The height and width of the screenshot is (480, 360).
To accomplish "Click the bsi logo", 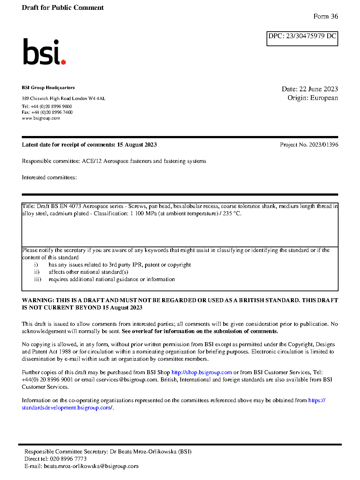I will [44, 52].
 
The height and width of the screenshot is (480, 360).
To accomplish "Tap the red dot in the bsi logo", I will [63, 62].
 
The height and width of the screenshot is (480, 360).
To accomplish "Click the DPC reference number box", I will [302, 38].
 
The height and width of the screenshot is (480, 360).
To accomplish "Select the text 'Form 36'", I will [325, 16].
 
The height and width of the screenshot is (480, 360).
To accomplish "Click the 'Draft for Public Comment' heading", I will [63, 8].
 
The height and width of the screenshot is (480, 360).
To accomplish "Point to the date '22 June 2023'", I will [319, 89].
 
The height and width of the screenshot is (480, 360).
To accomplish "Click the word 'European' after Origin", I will [324, 98].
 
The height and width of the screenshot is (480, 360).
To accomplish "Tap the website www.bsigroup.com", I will [41, 118].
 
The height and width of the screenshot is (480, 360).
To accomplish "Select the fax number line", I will [47, 112].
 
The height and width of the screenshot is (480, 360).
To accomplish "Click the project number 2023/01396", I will [324, 145].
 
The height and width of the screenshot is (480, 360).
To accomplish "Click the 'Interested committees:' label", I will [49, 177].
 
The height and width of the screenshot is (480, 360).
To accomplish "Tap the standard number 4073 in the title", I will [75, 206].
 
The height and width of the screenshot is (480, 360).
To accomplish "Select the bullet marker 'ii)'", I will [37, 272].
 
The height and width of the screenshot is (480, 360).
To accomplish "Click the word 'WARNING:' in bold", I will [38, 300].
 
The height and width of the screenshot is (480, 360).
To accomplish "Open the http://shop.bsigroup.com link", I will [201, 372].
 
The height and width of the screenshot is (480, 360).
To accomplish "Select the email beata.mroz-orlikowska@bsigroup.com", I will [91, 466].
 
